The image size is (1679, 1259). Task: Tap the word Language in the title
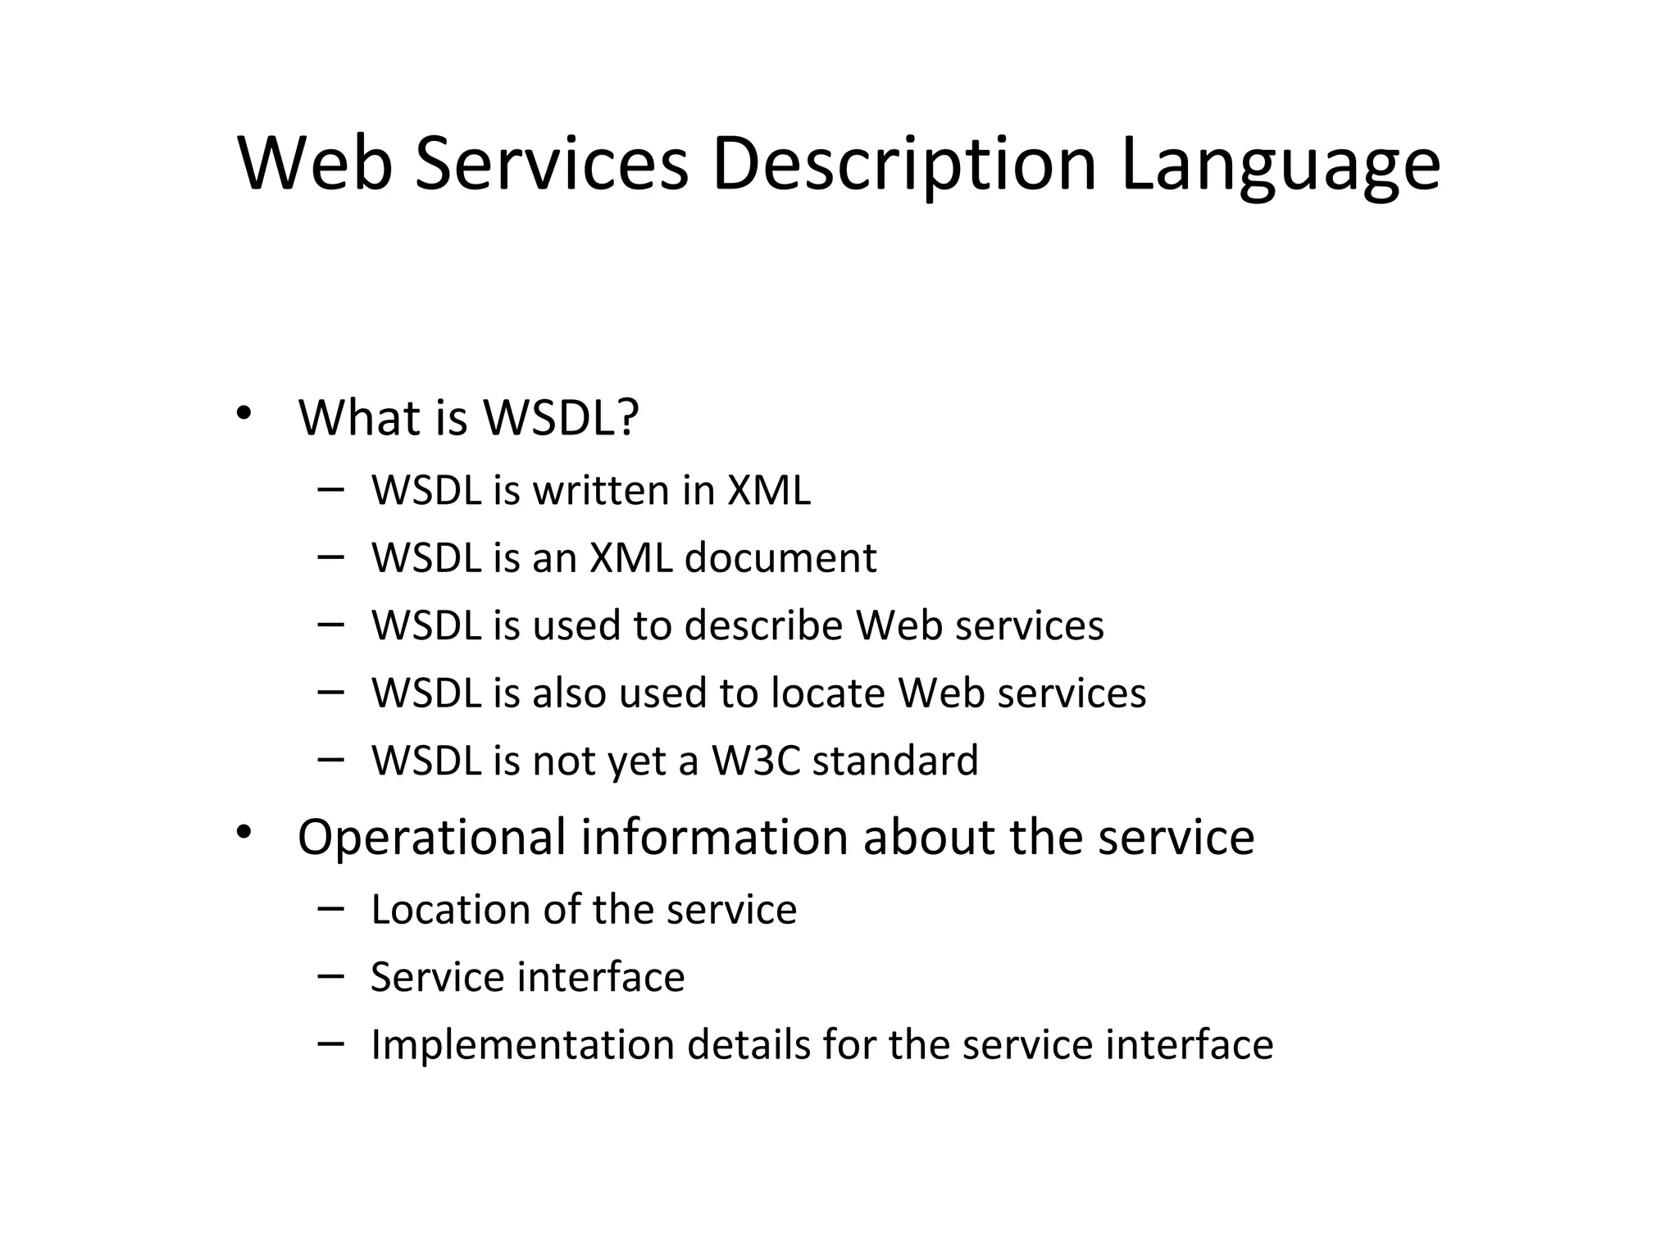click(1280, 165)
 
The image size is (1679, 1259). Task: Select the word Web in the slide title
click(315, 163)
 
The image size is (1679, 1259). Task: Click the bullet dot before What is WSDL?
click(243, 413)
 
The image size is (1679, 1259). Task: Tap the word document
click(780, 558)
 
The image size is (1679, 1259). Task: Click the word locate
click(828, 693)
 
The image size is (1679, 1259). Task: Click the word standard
click(895, 761)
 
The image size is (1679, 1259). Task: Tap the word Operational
click(431, 837)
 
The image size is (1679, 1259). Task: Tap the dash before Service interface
click(330, 976)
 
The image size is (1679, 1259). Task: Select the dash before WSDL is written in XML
click(330, 489)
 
